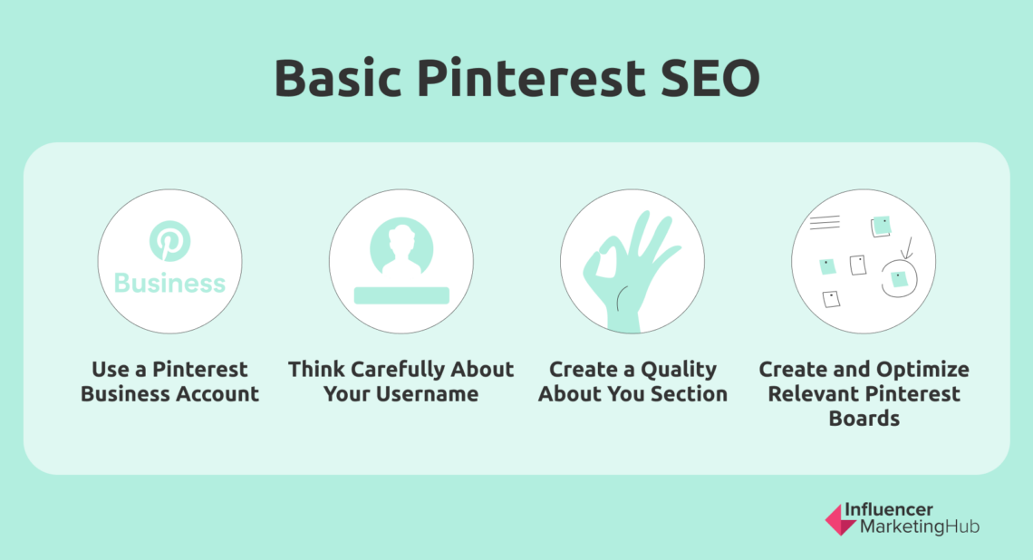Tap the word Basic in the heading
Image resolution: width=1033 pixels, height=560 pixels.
tap(337, 80)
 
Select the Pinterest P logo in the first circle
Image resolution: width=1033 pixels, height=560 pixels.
tap(169, 242)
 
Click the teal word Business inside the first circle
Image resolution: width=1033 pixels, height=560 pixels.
tap(169, 284)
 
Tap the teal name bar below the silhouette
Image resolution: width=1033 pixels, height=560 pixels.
tap(401, 294)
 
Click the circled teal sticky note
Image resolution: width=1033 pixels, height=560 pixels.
tap(898, 279)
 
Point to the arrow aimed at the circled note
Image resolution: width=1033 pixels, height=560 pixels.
tap(906, 246)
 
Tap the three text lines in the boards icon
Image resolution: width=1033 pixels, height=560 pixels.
tap(825, 222)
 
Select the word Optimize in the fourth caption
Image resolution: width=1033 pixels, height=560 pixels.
tap(924, 370)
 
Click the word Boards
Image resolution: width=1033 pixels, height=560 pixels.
tap(864, 419)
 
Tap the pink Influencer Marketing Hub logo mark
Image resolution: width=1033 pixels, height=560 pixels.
tap(838, 519)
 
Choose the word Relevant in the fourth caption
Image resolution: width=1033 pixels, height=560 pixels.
tap(811, 394)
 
